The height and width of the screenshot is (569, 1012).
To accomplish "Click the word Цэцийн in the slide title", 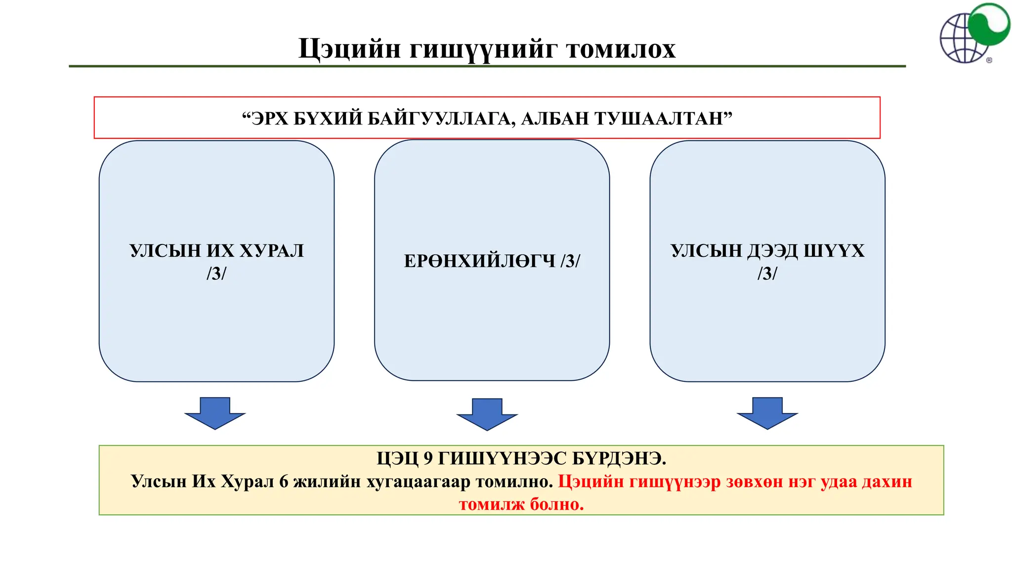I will [349, 49].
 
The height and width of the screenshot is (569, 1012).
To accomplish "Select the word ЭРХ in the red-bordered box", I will [269, 119].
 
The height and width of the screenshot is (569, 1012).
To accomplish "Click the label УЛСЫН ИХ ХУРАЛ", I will [216, 251].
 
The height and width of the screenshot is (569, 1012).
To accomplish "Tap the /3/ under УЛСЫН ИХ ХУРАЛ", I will [216, 273].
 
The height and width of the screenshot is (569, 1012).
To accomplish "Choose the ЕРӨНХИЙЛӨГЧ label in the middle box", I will [479, 261].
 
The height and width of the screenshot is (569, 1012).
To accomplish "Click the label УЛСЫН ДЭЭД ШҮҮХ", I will [767, 251].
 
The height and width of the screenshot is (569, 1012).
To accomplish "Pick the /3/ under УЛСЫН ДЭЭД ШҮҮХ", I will [767, 273].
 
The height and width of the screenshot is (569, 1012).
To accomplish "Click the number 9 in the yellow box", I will [428, 459].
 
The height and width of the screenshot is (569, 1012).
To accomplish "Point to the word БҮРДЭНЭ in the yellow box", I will [619, 459].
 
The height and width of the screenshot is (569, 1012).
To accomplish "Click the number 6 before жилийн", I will [284, 482].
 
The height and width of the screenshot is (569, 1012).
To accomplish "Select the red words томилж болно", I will [521, 504].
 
